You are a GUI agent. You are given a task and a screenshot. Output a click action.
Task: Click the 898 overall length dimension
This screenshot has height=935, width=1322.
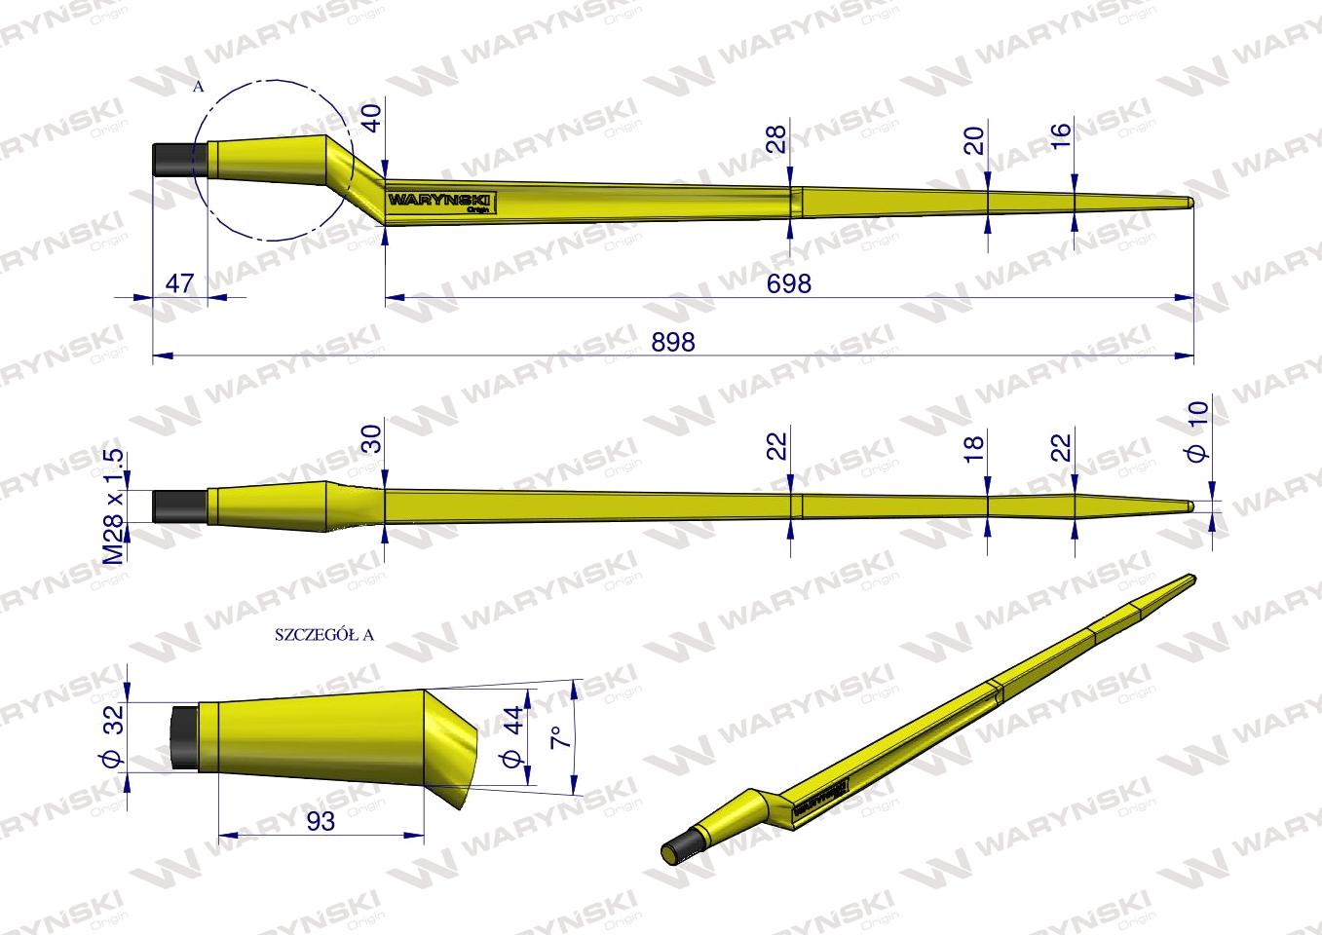pos(674,343)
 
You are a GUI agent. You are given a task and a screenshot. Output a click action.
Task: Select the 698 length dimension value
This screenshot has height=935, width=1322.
pos(790,283)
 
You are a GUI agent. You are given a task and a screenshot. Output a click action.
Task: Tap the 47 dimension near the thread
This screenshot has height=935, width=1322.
pos(181,284)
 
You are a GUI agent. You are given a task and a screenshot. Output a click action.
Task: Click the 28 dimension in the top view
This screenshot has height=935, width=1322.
pos(775,139)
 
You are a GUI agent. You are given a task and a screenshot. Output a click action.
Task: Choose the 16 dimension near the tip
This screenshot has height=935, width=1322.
pos(1060,132)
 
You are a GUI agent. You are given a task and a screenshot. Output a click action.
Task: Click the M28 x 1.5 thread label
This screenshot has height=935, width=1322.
pos(114,506)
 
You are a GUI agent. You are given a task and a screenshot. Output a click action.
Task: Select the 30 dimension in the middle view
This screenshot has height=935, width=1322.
pos(369,436)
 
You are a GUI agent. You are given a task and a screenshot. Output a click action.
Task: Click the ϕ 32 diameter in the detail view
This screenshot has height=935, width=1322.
pos(112,738)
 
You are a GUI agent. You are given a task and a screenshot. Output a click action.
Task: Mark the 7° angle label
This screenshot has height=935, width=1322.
pos(561,737)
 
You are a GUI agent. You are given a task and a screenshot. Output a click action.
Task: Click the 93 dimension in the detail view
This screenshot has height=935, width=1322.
pos(320,821)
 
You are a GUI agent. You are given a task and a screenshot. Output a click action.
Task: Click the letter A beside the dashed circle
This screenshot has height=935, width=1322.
pos(198,87)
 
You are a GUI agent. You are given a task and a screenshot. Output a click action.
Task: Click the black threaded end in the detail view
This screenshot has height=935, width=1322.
pos(183,738)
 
